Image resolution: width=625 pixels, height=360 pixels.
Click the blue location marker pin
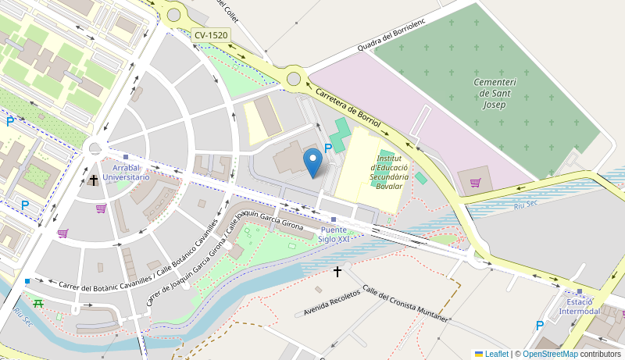pyautogui.click(x=312, y=162)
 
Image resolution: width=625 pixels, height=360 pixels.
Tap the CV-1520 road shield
pyautogui.click(x=212, y=35)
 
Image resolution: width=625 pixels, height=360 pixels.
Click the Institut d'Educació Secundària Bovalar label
pyautogui.click(x=389, y=172)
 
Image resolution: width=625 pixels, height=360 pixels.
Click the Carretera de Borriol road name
pyautogui.click(x=348, y=107)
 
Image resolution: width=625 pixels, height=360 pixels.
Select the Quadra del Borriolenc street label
pyautogui.click(x=391, y=35)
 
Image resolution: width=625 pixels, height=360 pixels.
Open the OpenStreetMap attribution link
pyautogui.click(x=550, y=354)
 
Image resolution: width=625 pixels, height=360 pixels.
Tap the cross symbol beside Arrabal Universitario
pyautogui.click(x=94, y=180)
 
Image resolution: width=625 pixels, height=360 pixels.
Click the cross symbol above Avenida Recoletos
pyautogui.click(x=337, y=272)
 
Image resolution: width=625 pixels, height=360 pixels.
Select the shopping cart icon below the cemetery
pyautogui.click(x=475, y=183)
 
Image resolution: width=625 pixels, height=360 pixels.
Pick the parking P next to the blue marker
pyautogui.click(x=328, y=148)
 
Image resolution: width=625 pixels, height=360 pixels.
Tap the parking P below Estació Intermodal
pyautogui.click(x=540, y=325)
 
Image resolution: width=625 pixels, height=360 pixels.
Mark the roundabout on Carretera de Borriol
pyautogui.click(x=294, y=78)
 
